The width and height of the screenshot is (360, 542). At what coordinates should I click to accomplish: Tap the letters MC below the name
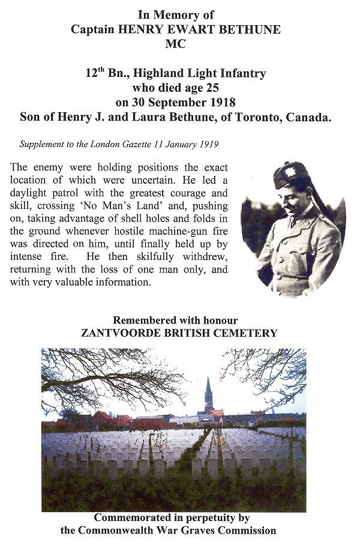click(x=179, y=43)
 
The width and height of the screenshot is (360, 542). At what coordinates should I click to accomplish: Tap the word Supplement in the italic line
click(x=41, y=145)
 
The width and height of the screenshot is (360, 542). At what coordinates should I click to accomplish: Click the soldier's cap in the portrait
click(x=291, y=175)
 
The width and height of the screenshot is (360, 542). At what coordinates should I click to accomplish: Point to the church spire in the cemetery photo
click(x=208, y=393)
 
